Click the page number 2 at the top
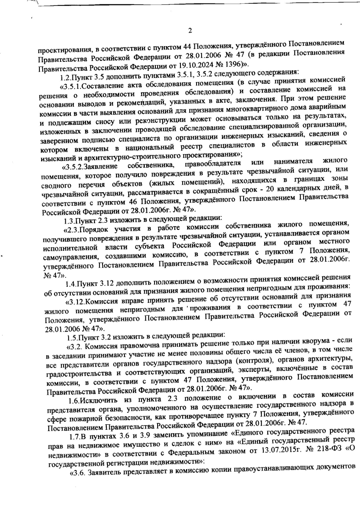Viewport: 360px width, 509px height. [x=190, y=30]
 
